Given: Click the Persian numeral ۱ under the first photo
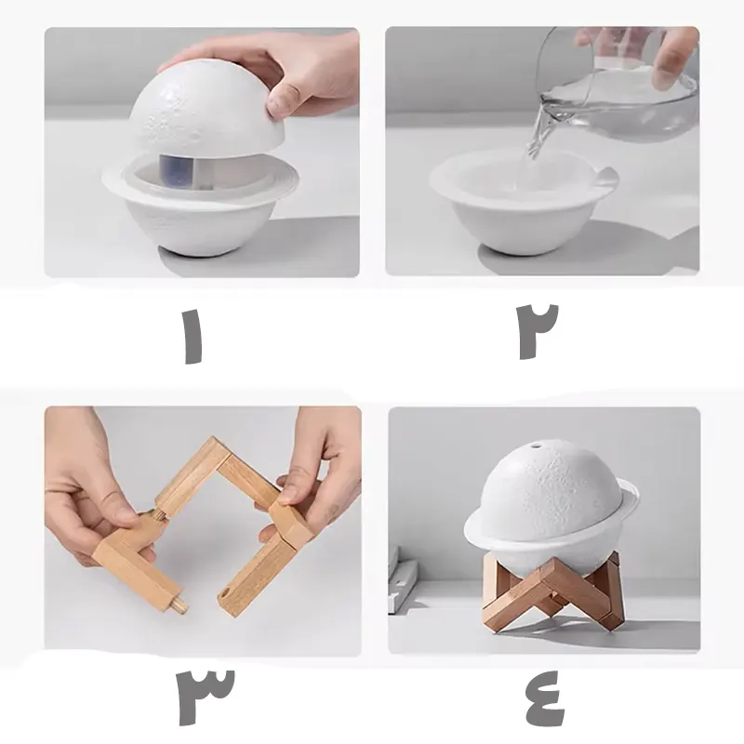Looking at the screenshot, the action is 193,337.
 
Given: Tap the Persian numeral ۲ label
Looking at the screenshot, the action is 537,330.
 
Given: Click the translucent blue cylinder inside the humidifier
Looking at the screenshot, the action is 179,171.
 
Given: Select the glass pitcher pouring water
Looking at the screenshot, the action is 617,86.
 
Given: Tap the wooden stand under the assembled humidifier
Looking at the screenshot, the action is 552,591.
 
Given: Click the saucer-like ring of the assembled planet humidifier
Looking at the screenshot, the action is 551,526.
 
